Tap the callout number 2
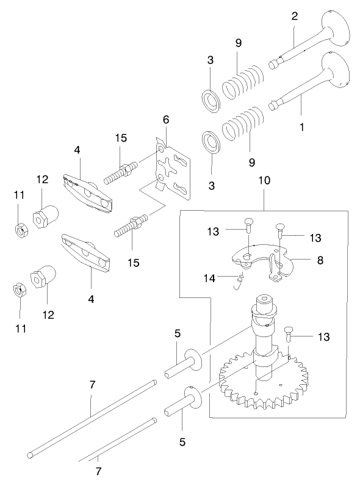coord(295,16)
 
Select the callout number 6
coord(165,119)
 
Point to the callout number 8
coord(320,259)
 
